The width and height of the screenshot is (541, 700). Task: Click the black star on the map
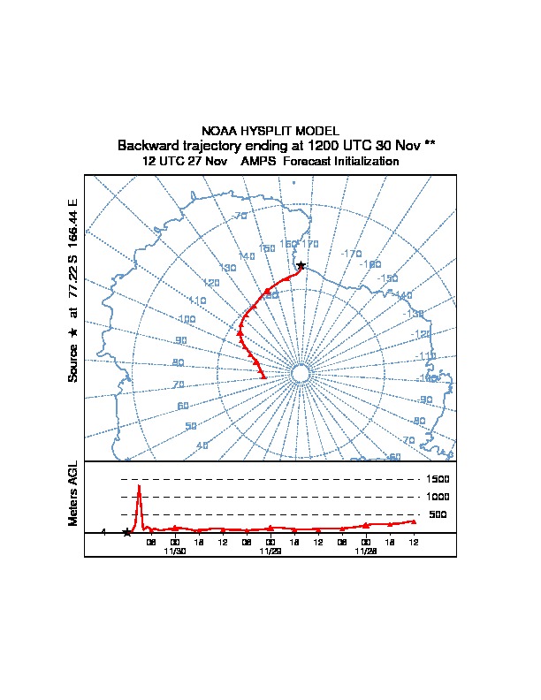pos(301,265)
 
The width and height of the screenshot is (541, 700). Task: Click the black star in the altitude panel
pos(126,532)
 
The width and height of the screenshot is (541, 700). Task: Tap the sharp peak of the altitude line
pos(139,486)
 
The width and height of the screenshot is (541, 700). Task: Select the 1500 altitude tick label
pos(439,479)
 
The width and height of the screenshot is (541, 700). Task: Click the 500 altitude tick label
pos(438,514)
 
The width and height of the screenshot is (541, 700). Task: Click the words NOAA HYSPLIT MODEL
pos(270,131)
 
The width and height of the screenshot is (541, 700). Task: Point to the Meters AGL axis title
pos(73,494)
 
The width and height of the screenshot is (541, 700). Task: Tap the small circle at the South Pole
pos(300,374)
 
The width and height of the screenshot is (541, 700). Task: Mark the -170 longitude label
pos(352,254)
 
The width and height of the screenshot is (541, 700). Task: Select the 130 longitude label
pos(228,268)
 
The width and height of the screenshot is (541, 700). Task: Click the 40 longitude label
pos(202,445)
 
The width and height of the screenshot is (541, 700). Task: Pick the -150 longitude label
pos(387,278)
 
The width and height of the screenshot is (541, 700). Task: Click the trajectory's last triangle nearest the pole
pos(263,377)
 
